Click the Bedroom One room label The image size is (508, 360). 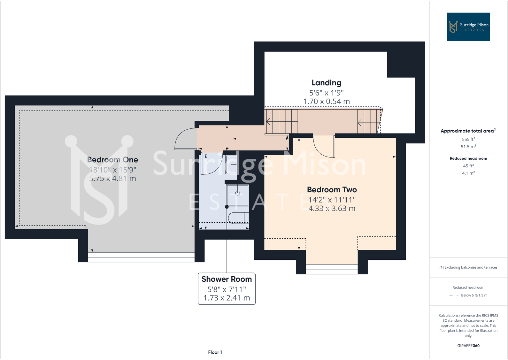112,160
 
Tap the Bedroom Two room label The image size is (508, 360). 332,190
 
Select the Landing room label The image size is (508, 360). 326,83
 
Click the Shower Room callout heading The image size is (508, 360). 227,279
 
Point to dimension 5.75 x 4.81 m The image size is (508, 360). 112,179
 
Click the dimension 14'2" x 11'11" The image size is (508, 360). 332,200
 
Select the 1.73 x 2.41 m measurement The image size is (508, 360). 227,298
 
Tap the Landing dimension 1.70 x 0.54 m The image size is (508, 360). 326,102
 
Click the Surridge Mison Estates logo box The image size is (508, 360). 468,27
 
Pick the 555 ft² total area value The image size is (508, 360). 468,139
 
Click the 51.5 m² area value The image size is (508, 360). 468,147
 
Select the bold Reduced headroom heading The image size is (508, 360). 468,158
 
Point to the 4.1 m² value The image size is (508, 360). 468,173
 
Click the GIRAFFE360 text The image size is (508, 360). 468,346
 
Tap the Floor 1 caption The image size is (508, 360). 215,352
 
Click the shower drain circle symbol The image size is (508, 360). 237,193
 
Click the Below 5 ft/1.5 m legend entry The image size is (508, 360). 474,295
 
